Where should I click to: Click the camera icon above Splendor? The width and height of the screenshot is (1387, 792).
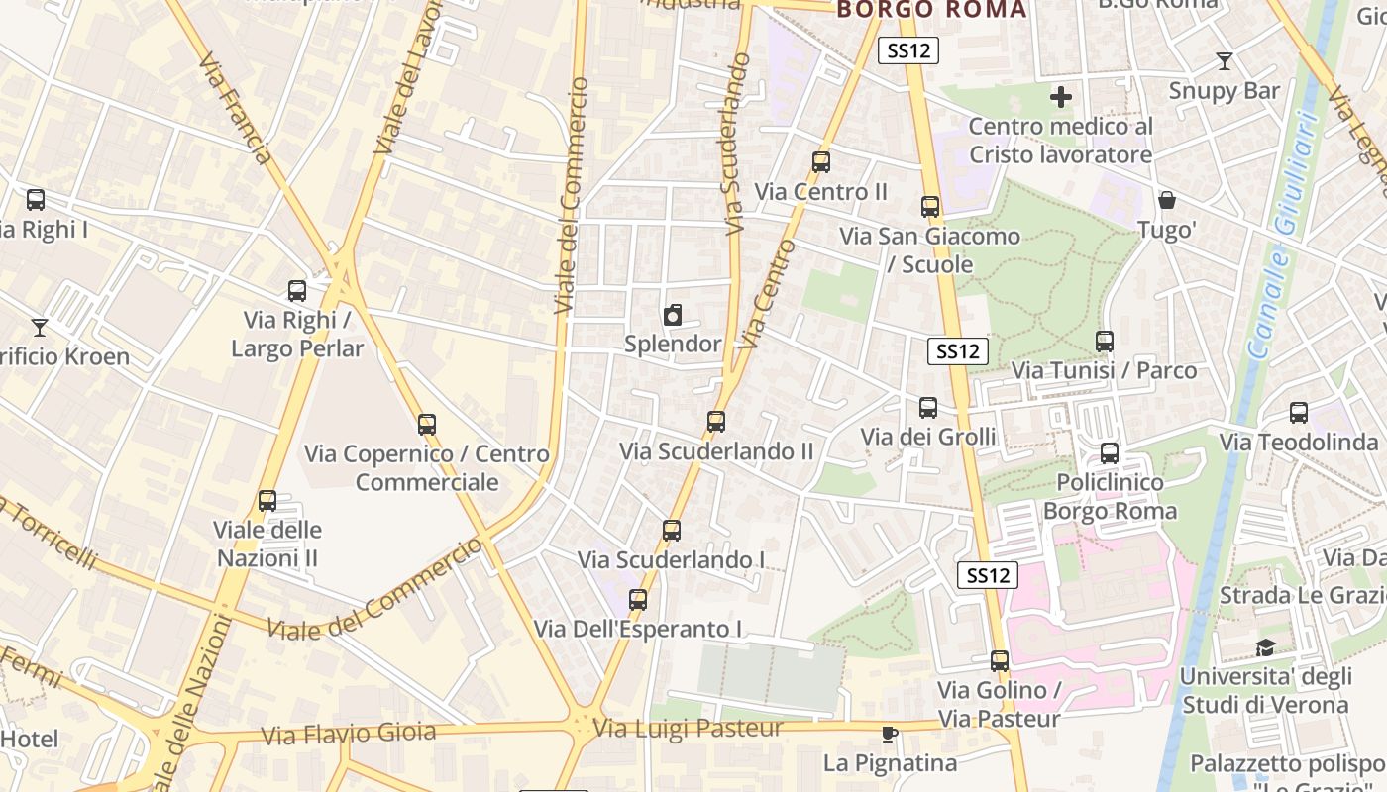tap(673, 315)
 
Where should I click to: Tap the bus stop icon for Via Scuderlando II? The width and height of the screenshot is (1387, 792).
tap(716, 422)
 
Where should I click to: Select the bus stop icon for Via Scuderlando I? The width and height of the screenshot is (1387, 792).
tap(672, 531)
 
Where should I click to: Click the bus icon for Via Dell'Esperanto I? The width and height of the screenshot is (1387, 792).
tap(638, 600)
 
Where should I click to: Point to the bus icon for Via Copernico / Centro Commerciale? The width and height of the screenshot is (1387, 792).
tap(427, 425)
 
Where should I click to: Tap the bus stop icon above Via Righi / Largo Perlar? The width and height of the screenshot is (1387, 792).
tap(297, 291)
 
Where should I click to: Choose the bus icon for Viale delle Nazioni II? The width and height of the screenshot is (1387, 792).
tap(267, 501)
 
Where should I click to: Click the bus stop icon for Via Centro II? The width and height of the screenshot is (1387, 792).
tap(821, 162)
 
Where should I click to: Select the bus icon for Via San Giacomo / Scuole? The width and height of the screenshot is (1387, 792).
tap(930, 207)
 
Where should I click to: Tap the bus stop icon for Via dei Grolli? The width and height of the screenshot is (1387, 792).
tap(928, 408)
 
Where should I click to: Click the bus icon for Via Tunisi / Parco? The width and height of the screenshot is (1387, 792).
tap(1105, 342)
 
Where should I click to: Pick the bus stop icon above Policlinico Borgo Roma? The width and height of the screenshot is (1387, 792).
tap(1110, 453)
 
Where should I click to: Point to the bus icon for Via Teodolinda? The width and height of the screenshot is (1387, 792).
tap(1299, 413)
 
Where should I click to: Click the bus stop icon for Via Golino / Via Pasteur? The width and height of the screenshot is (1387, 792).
tap(1000, 661)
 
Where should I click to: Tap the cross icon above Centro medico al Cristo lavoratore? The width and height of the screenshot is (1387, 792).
tap(1061, 97)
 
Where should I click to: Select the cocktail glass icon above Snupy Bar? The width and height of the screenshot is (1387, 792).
tap(1225, 61)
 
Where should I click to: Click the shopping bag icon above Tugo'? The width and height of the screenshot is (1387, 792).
tap(1168, 200)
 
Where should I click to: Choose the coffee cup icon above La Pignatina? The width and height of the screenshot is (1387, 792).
tap(890, 734)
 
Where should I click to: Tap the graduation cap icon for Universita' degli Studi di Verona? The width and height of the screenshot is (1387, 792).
tap(1265, 648)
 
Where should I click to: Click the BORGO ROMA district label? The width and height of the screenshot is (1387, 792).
tap(932, 10)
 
